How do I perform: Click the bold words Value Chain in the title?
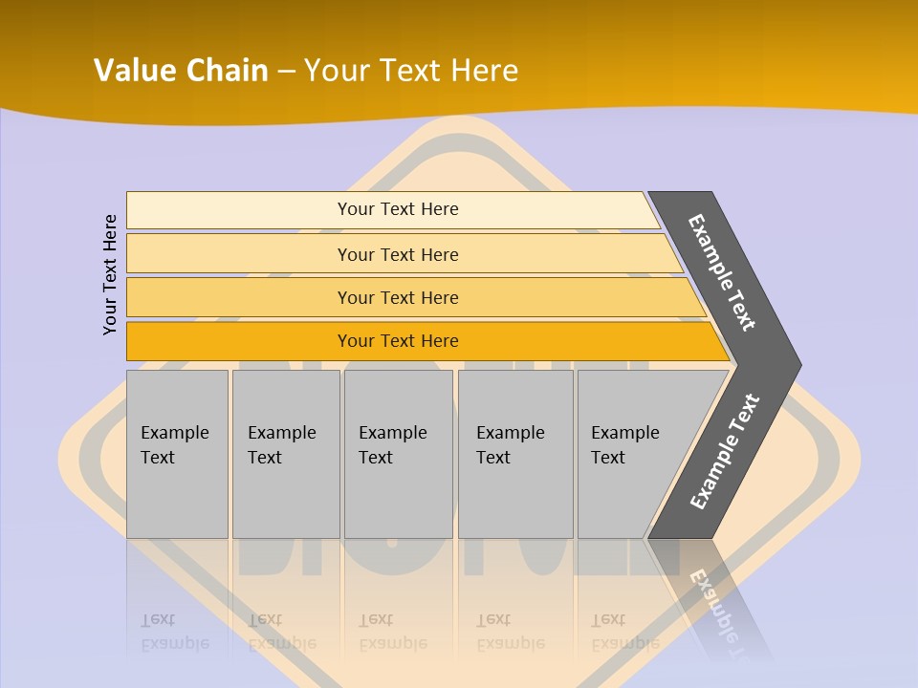[x=181, y=71]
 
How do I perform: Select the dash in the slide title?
[x=286, y=72]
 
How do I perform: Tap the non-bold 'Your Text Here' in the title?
[x=411, y=71]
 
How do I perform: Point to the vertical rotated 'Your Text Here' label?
[x=110, y=275]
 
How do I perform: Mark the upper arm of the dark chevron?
[x=723, y=272]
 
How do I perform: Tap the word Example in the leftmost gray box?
[x=174, y=433]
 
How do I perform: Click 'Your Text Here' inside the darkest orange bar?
[x=398, y=341]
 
